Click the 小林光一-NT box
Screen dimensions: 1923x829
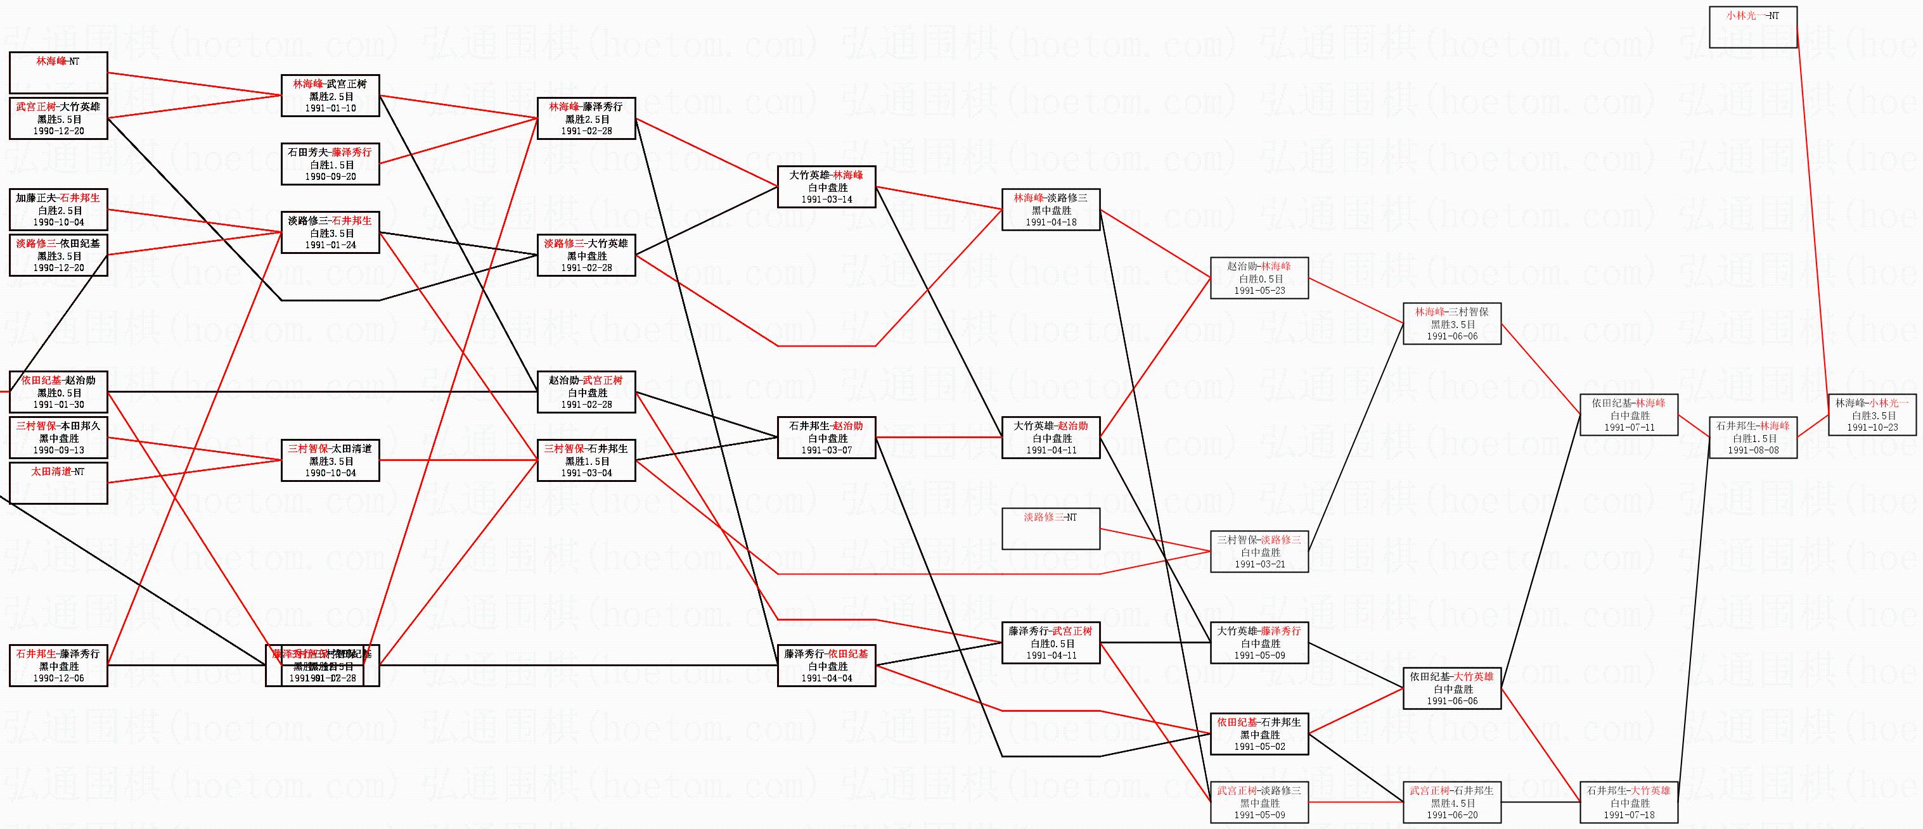pyautogui.click(x=1752, y=27)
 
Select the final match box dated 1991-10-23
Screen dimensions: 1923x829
pyautogui.click(x=1872, y=415)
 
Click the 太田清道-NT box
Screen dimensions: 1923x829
pyautogui.click(x=58, y=483)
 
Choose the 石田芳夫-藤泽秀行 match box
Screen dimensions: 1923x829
pyautogui.click(x=330, y=164)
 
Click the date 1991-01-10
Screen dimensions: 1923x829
pyautogui.click(x=330, y=108)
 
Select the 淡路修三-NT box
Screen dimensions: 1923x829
pyautogui.click(x=1050, y=528)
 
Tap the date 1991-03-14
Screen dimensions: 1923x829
pyautogui.click(x=826, y=200)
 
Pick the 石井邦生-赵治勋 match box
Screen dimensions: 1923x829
pyautogui.click(x=826, y=437)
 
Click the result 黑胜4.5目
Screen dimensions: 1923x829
pyautogui.click(x=1452, y=804)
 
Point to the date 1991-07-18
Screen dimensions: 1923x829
pyautogui.click(x=1629, y=816)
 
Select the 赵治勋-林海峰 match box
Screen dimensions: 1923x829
pyautogui.click(x=1259, y=278)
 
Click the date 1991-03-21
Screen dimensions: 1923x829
pyautogui.click(x=1259, y=565)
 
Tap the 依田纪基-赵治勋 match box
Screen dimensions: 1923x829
pyautogui.click(x=58, y=393)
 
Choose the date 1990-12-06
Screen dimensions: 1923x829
pyautogui.click(x=58, y=679)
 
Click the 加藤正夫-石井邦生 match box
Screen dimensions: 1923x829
pyautogui.click(x=58, y=210)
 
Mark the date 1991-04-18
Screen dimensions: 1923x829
pyautogui.click(x=1050, y=222)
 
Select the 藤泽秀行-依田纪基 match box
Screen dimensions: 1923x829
pyautogui.click(x=826, y=666)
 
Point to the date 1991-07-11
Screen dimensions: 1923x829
pyautogui.click(x=1629, y=428)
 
